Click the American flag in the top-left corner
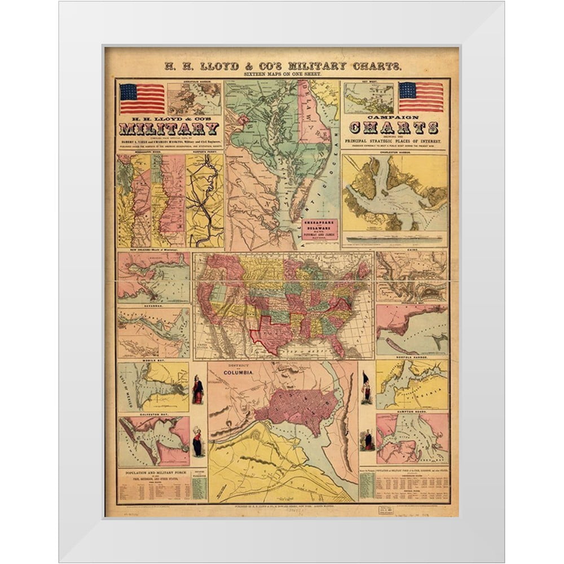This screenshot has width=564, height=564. (142, 98)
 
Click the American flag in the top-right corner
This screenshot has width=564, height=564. (421, 97)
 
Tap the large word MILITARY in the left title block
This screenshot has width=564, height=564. (169, 129)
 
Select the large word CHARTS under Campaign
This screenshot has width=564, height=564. (394, 127)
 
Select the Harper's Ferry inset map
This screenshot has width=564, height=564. (205, 200)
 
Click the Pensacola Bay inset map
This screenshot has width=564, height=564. (412, 329)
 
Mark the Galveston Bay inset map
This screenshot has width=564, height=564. (153, 441)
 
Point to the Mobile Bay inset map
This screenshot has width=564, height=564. (153, 387)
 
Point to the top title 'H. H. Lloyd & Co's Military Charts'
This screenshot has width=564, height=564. (282, 66)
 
